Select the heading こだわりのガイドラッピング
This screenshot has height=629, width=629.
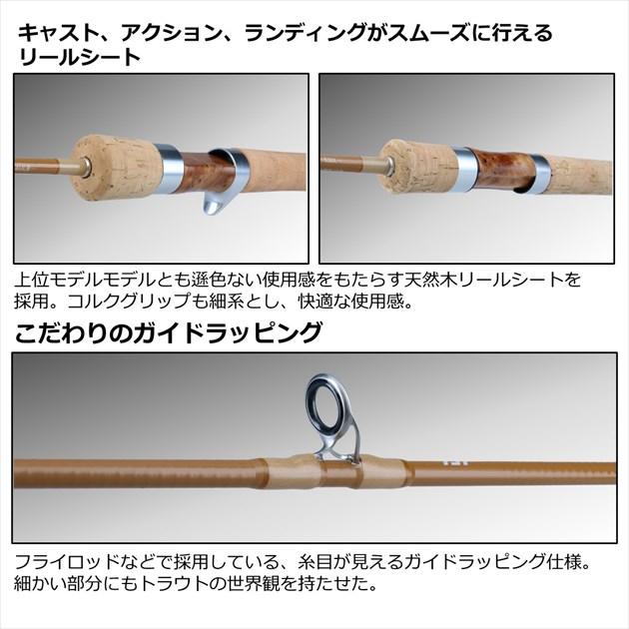coord(168,331)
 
